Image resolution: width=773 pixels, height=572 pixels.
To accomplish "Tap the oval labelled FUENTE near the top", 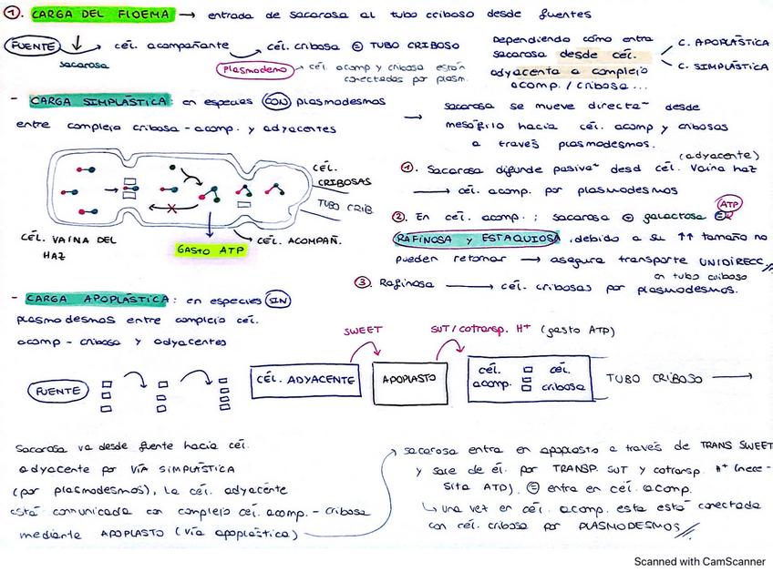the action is point(31,45).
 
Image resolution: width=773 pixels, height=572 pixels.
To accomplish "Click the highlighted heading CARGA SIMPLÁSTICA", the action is point(97,101).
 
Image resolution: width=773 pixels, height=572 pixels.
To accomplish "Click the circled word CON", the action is point(276,101).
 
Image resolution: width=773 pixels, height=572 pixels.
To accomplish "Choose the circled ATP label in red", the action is point(730,204).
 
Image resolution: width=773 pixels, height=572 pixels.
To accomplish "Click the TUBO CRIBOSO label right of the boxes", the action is point(654,378).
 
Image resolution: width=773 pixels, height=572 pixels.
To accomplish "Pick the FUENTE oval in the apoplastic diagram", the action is point(58,392).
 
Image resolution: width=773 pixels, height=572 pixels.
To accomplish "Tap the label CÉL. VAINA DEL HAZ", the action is point(59,245).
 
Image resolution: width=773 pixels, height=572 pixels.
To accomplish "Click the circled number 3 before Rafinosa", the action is point(362,282).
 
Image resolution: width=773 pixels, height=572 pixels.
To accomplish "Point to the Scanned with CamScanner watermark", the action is point(699,562).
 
